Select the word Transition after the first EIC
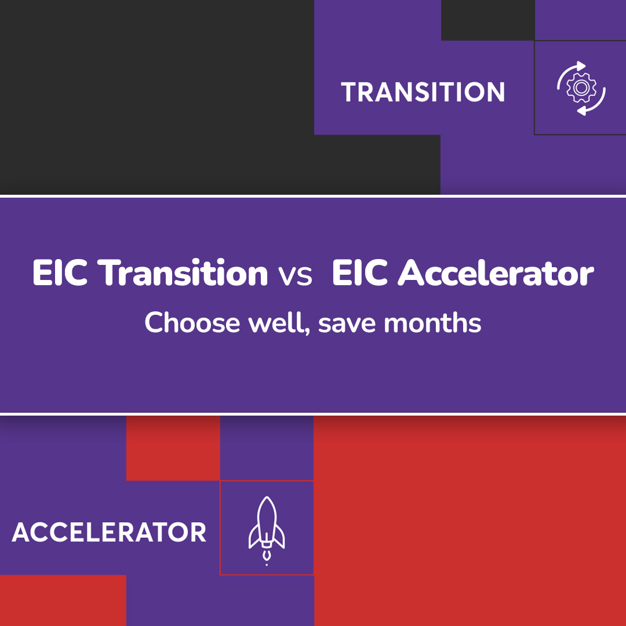(x=183, y=274)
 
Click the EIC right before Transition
(x=60, y=274)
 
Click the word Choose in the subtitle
(x=191, y=322)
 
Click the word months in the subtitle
(x=432, y=322)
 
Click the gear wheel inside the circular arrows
(x=578, y=88)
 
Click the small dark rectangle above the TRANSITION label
(x=487, y=20)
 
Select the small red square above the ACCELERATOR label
(x=173, y=448)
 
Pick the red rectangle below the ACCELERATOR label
(x=63, y=600)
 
